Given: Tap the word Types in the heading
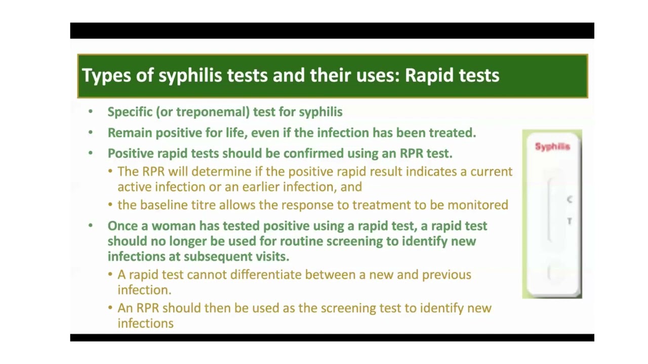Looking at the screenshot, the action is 106,76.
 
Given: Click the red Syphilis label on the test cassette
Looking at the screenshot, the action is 552,147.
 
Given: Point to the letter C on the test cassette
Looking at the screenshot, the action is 570,199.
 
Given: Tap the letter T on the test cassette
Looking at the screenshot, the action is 570,221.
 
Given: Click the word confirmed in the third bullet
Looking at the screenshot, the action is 313,153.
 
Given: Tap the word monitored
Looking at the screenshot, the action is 477,205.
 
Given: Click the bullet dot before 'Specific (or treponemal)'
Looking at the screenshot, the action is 91,112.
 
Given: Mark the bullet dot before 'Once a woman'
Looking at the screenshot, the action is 91,225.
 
